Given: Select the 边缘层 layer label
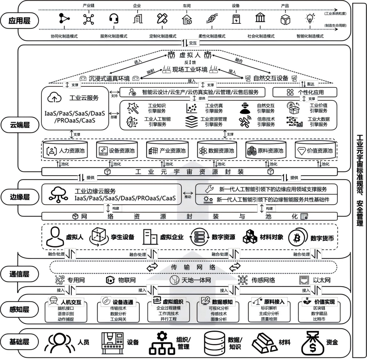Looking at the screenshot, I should click(19, 197).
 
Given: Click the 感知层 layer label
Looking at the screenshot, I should click(19, 309).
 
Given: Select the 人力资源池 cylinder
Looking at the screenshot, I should click(65, 150).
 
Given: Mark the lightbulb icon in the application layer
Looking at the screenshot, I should click(309, 19).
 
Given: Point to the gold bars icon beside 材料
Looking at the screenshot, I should click(263, 342).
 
